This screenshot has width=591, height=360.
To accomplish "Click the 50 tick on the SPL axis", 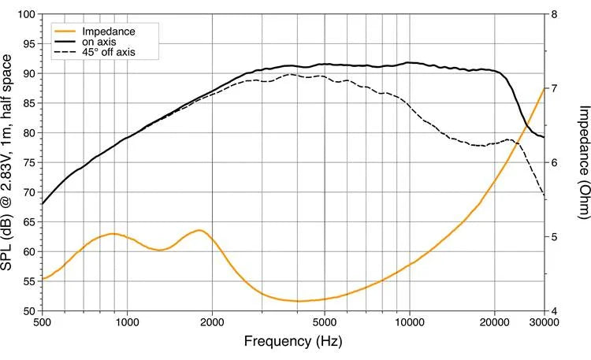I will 27,311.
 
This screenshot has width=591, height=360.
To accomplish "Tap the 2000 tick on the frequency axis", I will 212,322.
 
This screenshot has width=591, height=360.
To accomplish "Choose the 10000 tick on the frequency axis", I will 409,322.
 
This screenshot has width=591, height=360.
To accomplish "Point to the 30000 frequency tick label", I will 544,322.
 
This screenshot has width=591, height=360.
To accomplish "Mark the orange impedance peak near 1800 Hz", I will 199,230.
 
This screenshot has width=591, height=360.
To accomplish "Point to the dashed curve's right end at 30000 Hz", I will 544,195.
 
